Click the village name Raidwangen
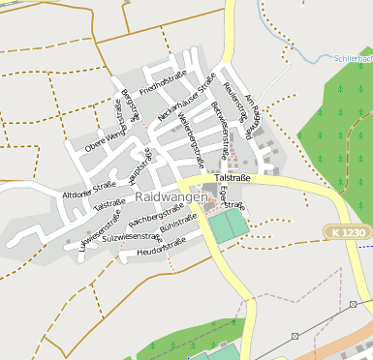coord(171,196)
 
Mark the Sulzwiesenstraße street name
coord(131,236)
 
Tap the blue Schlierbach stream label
coord(353,59)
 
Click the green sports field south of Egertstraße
coord(229,226)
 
